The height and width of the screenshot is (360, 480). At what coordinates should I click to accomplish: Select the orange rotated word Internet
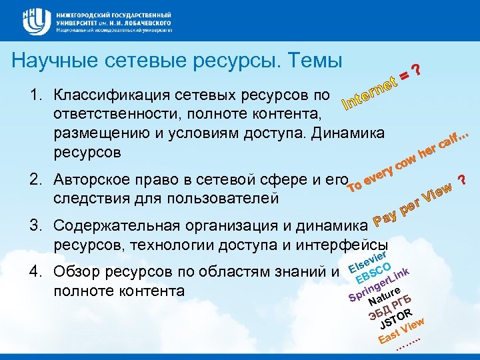click(x=371, y=93)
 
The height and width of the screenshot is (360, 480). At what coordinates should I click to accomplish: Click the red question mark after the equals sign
click(x=416, y=69)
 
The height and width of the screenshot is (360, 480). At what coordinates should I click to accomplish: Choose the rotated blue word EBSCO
click(x=377, y=275)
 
